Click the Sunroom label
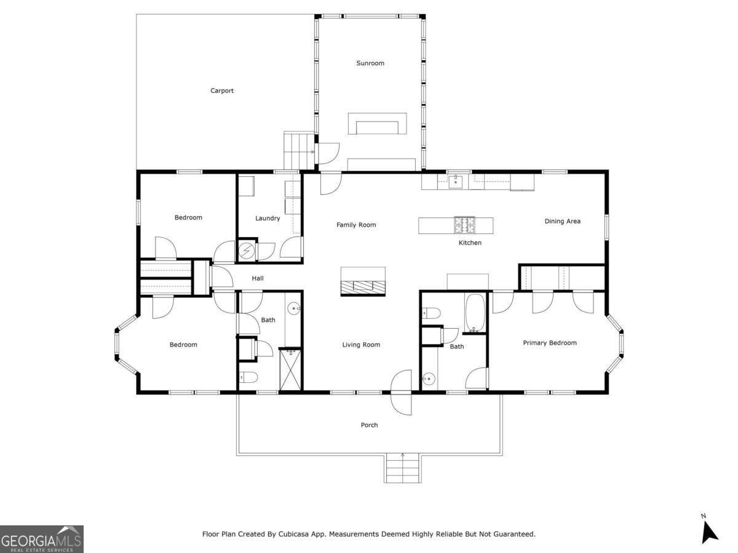pos(370,63)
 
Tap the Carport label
pos(222,91)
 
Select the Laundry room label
pos(268,218)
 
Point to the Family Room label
pos(356,225)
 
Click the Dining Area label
pos(562,221)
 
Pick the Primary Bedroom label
pos(550,343)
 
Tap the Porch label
pos(369,425)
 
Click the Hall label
pos(258,279)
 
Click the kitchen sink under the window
pos(455,181)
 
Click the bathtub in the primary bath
pos(475,313)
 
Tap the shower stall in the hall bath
pos(290,369)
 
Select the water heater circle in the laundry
pos(246,251)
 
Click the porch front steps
pos(402,469)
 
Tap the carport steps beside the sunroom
pos(299,149)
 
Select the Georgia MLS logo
pos(42,539)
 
